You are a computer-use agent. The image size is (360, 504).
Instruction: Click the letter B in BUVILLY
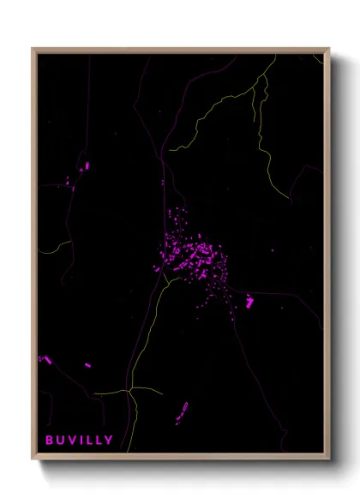pos(49,441)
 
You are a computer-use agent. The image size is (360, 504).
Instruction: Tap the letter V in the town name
pos(74,441)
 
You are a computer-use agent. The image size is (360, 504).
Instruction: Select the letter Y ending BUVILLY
pos(109,441)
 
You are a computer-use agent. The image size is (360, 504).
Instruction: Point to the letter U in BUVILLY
pos(61,441)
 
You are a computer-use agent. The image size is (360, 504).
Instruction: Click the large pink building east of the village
pos(249,301)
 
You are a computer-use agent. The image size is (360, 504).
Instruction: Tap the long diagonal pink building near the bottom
pos(182,412)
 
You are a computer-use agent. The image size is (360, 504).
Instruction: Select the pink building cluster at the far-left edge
pos(45,359)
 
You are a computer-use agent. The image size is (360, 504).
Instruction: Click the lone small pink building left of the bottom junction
pos(88,365)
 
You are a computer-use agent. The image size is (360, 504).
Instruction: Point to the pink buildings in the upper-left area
pos(84,167)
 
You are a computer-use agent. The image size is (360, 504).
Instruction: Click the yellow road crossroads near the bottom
pos(129,392)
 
